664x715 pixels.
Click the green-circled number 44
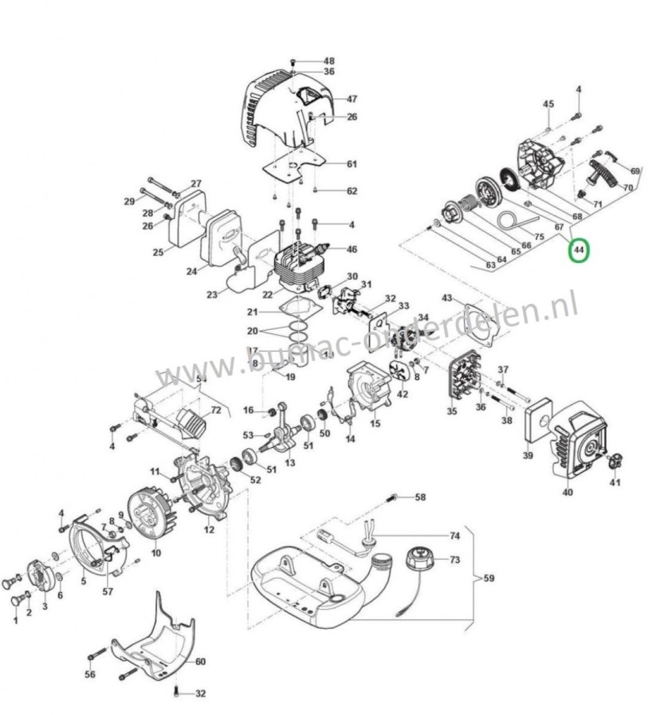point(580,250)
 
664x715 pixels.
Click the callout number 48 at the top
point(329,61)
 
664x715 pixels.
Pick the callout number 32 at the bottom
point(200,693)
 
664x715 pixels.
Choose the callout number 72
point(215,410)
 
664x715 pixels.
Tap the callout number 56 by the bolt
point(90,674)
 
